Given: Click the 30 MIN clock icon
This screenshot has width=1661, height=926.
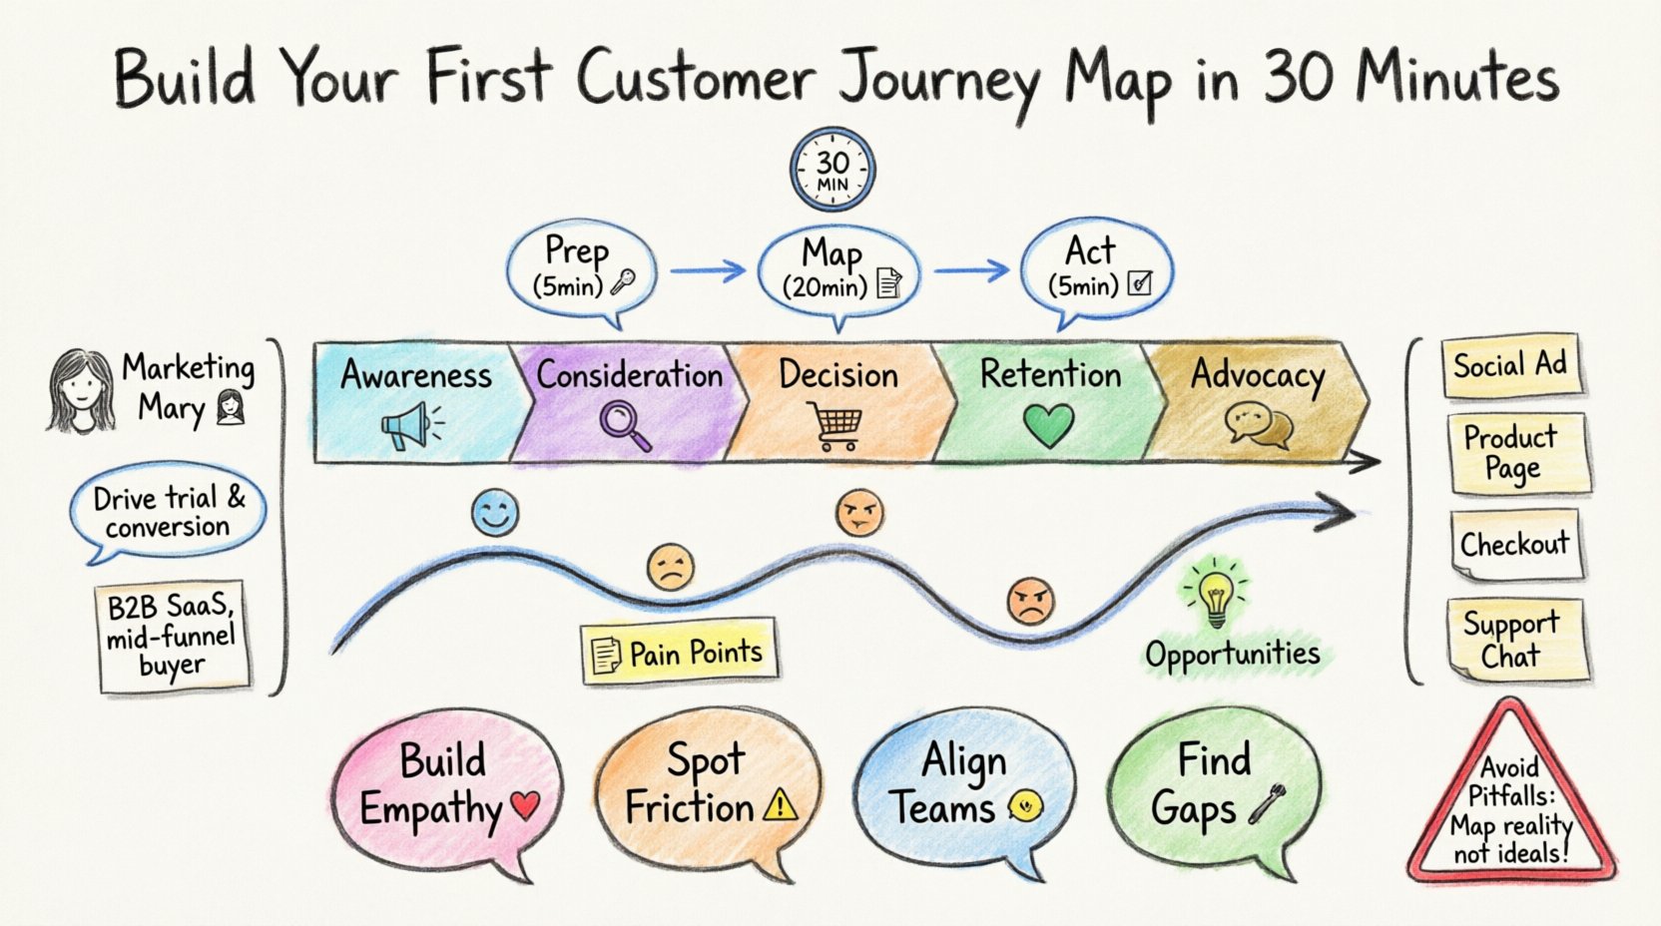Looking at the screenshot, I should (x=832, y=170).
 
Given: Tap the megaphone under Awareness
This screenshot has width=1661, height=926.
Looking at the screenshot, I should (x=410, y=427).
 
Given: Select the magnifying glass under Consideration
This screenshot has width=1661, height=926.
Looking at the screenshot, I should (x=625, y=425).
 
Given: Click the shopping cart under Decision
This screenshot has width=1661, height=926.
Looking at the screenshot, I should (x=833, y=426).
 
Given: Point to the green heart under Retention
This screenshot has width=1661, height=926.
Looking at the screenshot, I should (x=1048, y=426).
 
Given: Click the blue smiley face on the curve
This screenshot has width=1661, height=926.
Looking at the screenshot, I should (x=495, y=513).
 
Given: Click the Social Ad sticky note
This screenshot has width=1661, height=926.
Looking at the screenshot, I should (x=1509, y=366).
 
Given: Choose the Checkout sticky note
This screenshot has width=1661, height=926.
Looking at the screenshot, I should (x=1514, y=545).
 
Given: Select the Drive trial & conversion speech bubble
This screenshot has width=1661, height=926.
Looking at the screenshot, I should (x=168, y=511).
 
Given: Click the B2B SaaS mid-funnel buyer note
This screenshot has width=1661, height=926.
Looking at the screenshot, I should (x=172, y=636).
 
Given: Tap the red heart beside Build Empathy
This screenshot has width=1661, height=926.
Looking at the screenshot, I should (x=524, y=805).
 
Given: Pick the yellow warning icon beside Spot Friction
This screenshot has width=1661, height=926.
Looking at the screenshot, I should (x=780, y=804).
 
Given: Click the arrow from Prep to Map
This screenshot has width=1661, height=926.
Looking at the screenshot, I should (x=707, y=269).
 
